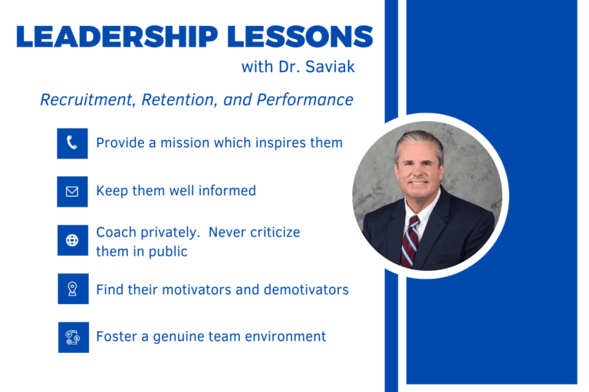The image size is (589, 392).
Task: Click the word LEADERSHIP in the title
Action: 117,37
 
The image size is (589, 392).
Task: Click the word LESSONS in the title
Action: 300,37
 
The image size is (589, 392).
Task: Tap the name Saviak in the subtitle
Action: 330,67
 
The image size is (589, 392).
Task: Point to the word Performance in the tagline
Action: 304,100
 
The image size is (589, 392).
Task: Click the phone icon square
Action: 73,143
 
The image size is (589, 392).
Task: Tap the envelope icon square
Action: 73,191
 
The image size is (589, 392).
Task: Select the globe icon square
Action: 73,240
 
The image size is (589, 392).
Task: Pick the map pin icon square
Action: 74,289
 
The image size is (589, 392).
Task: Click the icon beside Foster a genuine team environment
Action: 74,337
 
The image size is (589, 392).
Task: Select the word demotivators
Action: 306,289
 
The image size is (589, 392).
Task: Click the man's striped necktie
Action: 410,241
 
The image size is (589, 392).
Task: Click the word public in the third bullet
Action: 168,252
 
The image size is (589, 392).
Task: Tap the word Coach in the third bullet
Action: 116,232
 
